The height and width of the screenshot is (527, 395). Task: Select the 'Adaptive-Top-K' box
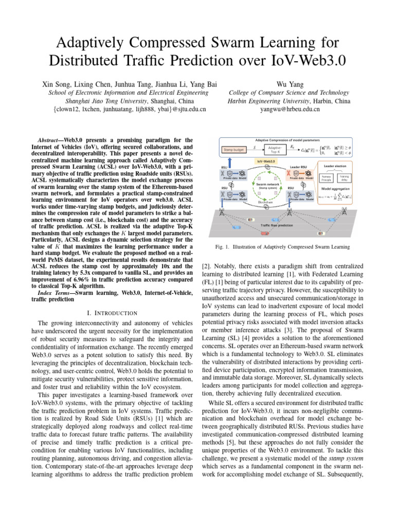coord(275,150)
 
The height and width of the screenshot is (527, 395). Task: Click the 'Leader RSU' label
coord(298,167)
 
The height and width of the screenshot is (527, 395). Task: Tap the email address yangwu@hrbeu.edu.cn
coord(290,109)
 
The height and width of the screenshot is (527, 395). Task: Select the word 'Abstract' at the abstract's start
coord(51,140)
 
